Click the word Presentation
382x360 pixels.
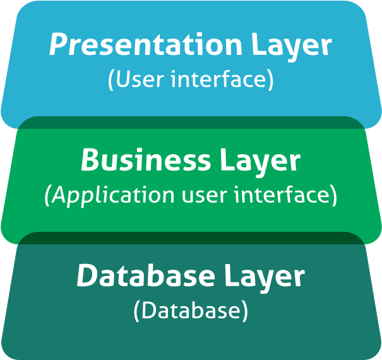click(145, 44)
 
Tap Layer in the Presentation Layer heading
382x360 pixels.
click(292, 47)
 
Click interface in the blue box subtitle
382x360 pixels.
click(218, 78)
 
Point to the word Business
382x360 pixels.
click(145, 160)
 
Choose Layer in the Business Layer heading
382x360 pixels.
click(260, 162)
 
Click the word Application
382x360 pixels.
click(113, 196)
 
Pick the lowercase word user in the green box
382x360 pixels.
click(205, 196)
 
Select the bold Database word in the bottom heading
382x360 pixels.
click(146, 275)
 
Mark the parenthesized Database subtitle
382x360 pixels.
click(191, 311)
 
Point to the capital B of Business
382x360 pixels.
click(91, 160)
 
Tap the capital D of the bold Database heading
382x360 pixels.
click(88, 275)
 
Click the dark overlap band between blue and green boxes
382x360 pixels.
click(191, 123)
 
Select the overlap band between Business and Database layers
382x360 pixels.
click(191, 238)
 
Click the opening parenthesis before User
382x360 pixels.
click(110, 80)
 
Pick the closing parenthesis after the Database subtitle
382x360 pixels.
click(245, 311)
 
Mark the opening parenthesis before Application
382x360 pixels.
click(47, 196)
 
